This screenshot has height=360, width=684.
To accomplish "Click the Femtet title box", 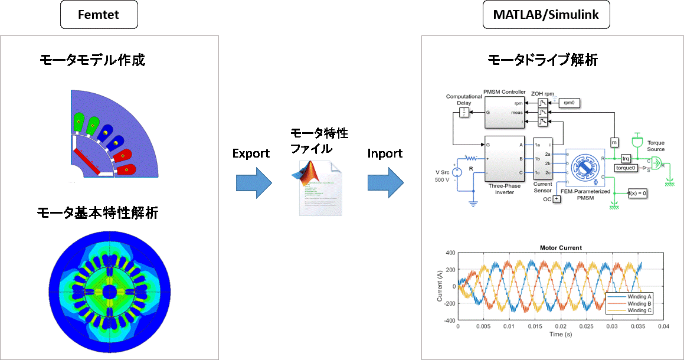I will point(99,15).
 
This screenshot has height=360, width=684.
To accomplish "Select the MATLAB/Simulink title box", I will point(546,15).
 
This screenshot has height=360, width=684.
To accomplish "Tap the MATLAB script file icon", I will point(316,186).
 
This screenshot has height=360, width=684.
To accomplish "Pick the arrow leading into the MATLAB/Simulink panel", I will point(385,184).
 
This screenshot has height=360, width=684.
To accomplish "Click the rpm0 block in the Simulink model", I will point(569,103).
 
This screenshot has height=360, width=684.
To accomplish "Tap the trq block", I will point(626,158).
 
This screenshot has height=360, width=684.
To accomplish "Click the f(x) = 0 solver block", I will point(637,193).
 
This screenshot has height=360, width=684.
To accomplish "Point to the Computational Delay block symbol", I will point(464,112).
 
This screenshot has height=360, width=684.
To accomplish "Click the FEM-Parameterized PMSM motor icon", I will point(585,168).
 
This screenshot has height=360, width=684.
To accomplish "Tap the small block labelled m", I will point(614,142).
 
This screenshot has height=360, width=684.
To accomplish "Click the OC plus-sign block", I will point(556,199).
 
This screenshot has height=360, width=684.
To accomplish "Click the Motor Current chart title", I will point(561,248).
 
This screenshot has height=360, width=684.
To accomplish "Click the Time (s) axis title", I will point(560,334).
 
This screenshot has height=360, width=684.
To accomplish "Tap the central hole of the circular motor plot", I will point(110,292).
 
